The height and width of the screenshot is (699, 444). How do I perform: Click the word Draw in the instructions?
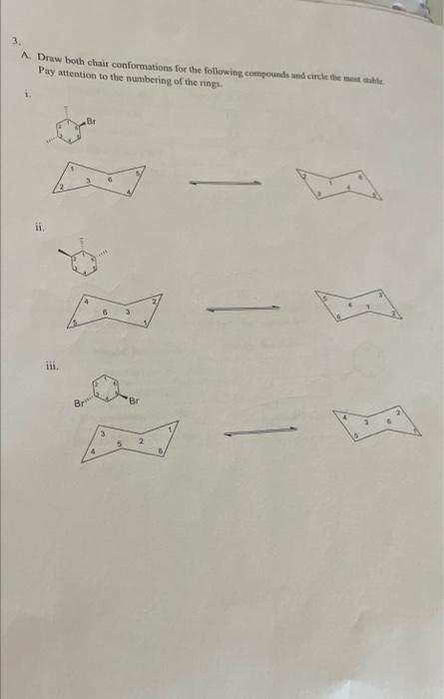tap(52, 61)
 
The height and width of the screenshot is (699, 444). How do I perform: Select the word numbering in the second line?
tap(159, 73)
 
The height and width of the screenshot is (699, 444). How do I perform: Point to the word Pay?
tap(47, 73)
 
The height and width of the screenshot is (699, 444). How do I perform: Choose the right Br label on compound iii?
tap(136, 400)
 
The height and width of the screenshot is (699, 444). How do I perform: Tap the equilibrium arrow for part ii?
tap(242, 309)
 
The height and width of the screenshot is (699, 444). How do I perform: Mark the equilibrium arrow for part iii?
tap(260, 431)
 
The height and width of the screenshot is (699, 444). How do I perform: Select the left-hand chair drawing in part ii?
tap(111, 311)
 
